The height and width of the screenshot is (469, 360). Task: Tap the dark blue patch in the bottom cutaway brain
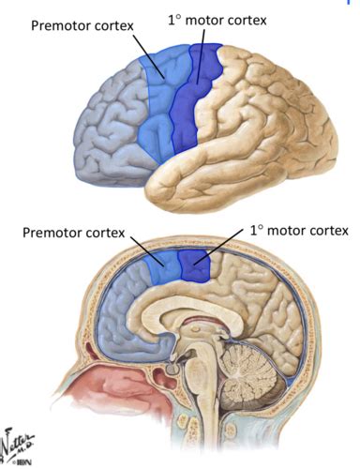[x=196, y=265]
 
